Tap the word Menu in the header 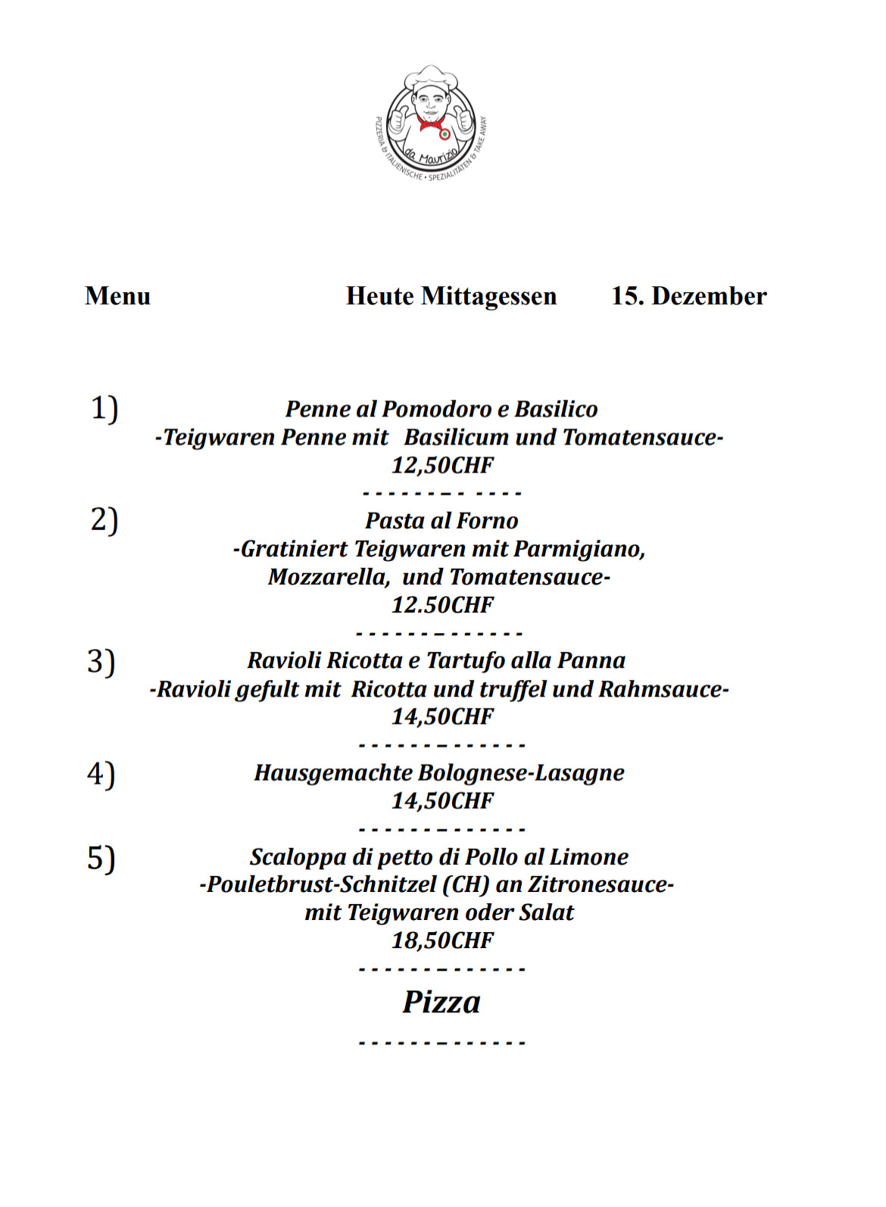tap(117, 295)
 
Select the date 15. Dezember tap(688, 295)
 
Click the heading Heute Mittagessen tap(451, 295)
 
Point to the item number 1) tap(105, 408)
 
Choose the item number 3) tap(101, 661)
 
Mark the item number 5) tap(101, 858)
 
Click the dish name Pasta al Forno tap(441, 520)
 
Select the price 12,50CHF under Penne tap(442, 465)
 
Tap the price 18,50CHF tap(442, 940)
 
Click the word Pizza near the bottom tap(441, 1002)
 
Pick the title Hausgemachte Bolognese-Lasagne tap(439, 772)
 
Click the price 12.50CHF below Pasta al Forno tap(442, 605)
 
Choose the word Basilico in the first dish tap(557, 409)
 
